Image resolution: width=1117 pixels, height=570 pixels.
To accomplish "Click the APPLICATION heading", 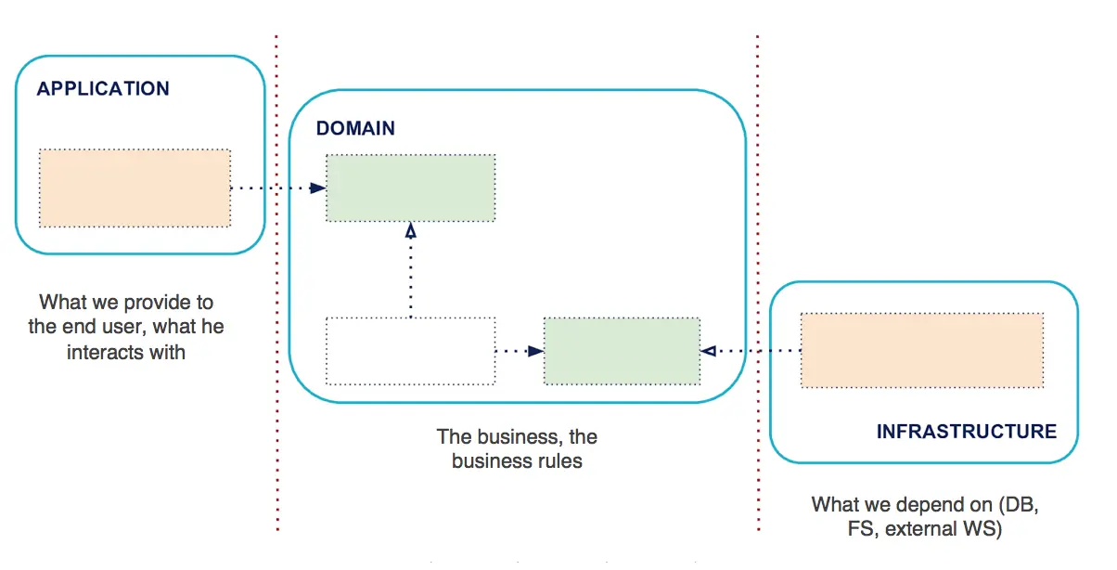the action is (103, 88).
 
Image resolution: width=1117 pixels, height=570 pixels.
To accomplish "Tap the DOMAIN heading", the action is (355, 128).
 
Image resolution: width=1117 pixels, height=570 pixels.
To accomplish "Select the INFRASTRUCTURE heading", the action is (967, 432).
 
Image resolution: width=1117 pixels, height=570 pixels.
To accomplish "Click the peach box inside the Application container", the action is (135, 188).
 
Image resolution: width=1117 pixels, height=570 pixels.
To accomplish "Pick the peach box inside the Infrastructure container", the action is (922, 350).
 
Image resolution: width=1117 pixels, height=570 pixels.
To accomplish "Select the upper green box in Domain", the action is (411, 188).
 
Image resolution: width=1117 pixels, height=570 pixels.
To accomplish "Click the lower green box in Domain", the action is (622, 351).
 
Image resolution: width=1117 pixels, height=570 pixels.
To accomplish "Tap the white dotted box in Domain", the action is (411, 351).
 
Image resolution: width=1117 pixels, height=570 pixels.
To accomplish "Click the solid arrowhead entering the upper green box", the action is (317, 188).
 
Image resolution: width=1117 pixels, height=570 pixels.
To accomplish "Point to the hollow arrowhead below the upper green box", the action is (410, 230).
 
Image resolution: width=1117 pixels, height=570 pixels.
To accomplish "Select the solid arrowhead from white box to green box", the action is (535, 351).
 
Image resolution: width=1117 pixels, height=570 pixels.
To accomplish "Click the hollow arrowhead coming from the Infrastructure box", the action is (709, 351).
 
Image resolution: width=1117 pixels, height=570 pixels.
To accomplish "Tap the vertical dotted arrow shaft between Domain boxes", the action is (410, 278).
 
